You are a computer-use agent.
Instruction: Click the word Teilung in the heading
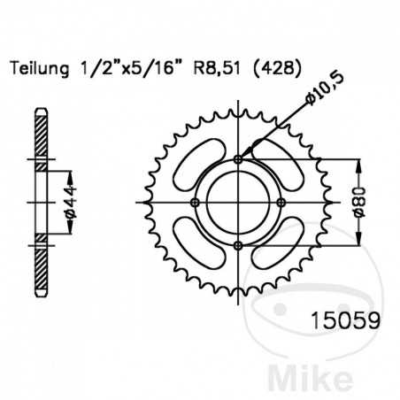(x=36, y=68)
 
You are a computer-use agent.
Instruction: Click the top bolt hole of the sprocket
(x=238, y=159)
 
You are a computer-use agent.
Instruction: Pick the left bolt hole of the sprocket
(x=195, y=203)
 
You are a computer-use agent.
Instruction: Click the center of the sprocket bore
(x=238, y=203)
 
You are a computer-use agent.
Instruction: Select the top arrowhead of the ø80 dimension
(x=358, y=165)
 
